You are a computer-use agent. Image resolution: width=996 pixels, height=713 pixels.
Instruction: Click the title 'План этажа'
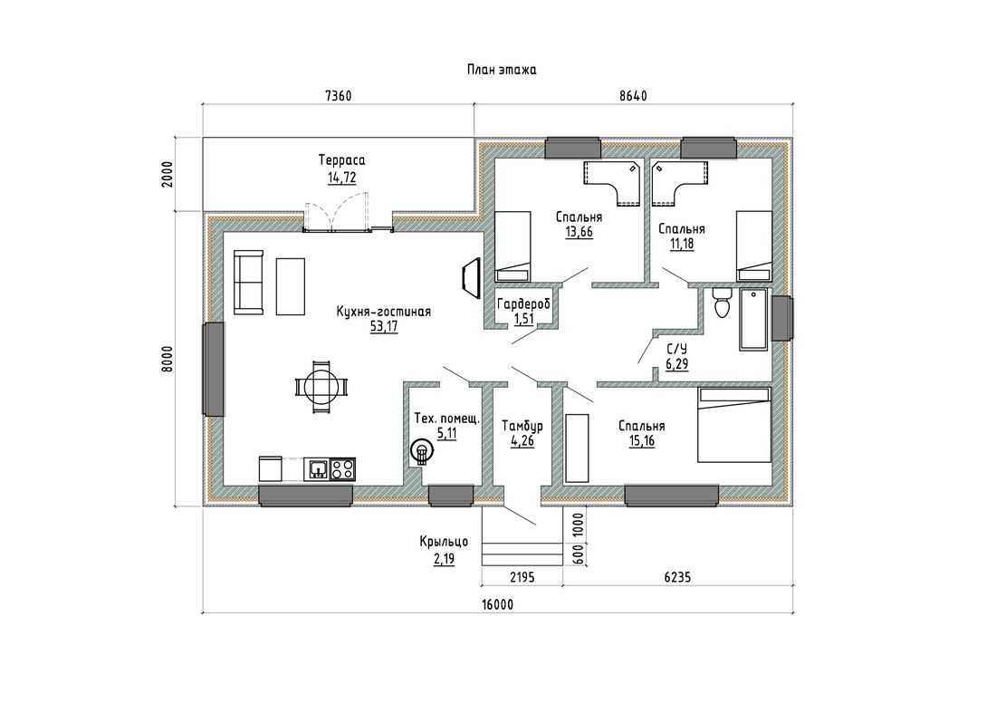pyautogui.click(x=502, y=70)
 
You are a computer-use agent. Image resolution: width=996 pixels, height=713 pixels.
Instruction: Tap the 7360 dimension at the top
pyautogui.click(x=338, y=96)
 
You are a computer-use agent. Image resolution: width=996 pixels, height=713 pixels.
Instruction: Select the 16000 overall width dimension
pyautogui.click(x=497, y=605)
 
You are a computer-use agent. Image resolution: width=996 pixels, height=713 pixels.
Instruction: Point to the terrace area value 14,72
pyautogui.click(x=341, y=178)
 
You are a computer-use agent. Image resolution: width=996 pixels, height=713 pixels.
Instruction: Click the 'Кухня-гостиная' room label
pyautogui.click(x=384, y=312)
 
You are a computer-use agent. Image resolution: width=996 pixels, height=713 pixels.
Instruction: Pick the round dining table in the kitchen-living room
pyautogui.click(x=321, y=386)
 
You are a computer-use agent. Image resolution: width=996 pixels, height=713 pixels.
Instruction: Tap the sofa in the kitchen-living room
pyautogui.click(x=248, y=283)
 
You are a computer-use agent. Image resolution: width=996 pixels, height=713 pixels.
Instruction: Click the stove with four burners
pyautogui.click(x=342, y=469)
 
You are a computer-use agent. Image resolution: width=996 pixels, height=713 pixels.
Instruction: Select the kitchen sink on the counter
pyautogui.click(x=317, y=469)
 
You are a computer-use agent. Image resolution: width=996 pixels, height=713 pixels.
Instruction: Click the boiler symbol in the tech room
pyautogui.click(x=421, y=452)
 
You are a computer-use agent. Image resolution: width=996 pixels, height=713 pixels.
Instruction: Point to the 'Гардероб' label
pyautogui.click(x=523, y=304)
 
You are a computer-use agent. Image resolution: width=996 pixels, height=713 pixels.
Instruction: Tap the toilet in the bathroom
pyautogui.click(x=723, y=304)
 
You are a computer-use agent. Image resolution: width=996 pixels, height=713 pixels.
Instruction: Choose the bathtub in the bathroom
pyautogui.click(x=754, y=319)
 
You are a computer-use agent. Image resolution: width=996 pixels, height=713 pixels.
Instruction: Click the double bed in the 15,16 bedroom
pyautogui.click(x=734, y=425)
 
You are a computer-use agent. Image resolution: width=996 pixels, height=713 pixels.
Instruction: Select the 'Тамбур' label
pyautogui.click(x=522, y=426)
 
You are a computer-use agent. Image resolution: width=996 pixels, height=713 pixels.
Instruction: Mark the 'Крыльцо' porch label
pyautogui.click(x=444, y=542)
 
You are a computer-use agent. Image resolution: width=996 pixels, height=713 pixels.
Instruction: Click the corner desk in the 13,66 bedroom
pyautogui.click(x=610, y=180)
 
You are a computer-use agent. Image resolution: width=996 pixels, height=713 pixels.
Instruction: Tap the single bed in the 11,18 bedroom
pyautogui.click(x=754, y=246)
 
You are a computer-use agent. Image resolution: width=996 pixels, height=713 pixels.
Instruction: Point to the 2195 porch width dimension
pyautogui.click(x=522, y=578)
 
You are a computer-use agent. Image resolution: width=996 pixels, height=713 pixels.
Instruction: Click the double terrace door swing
pyautogui.click(x=337, y=215)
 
